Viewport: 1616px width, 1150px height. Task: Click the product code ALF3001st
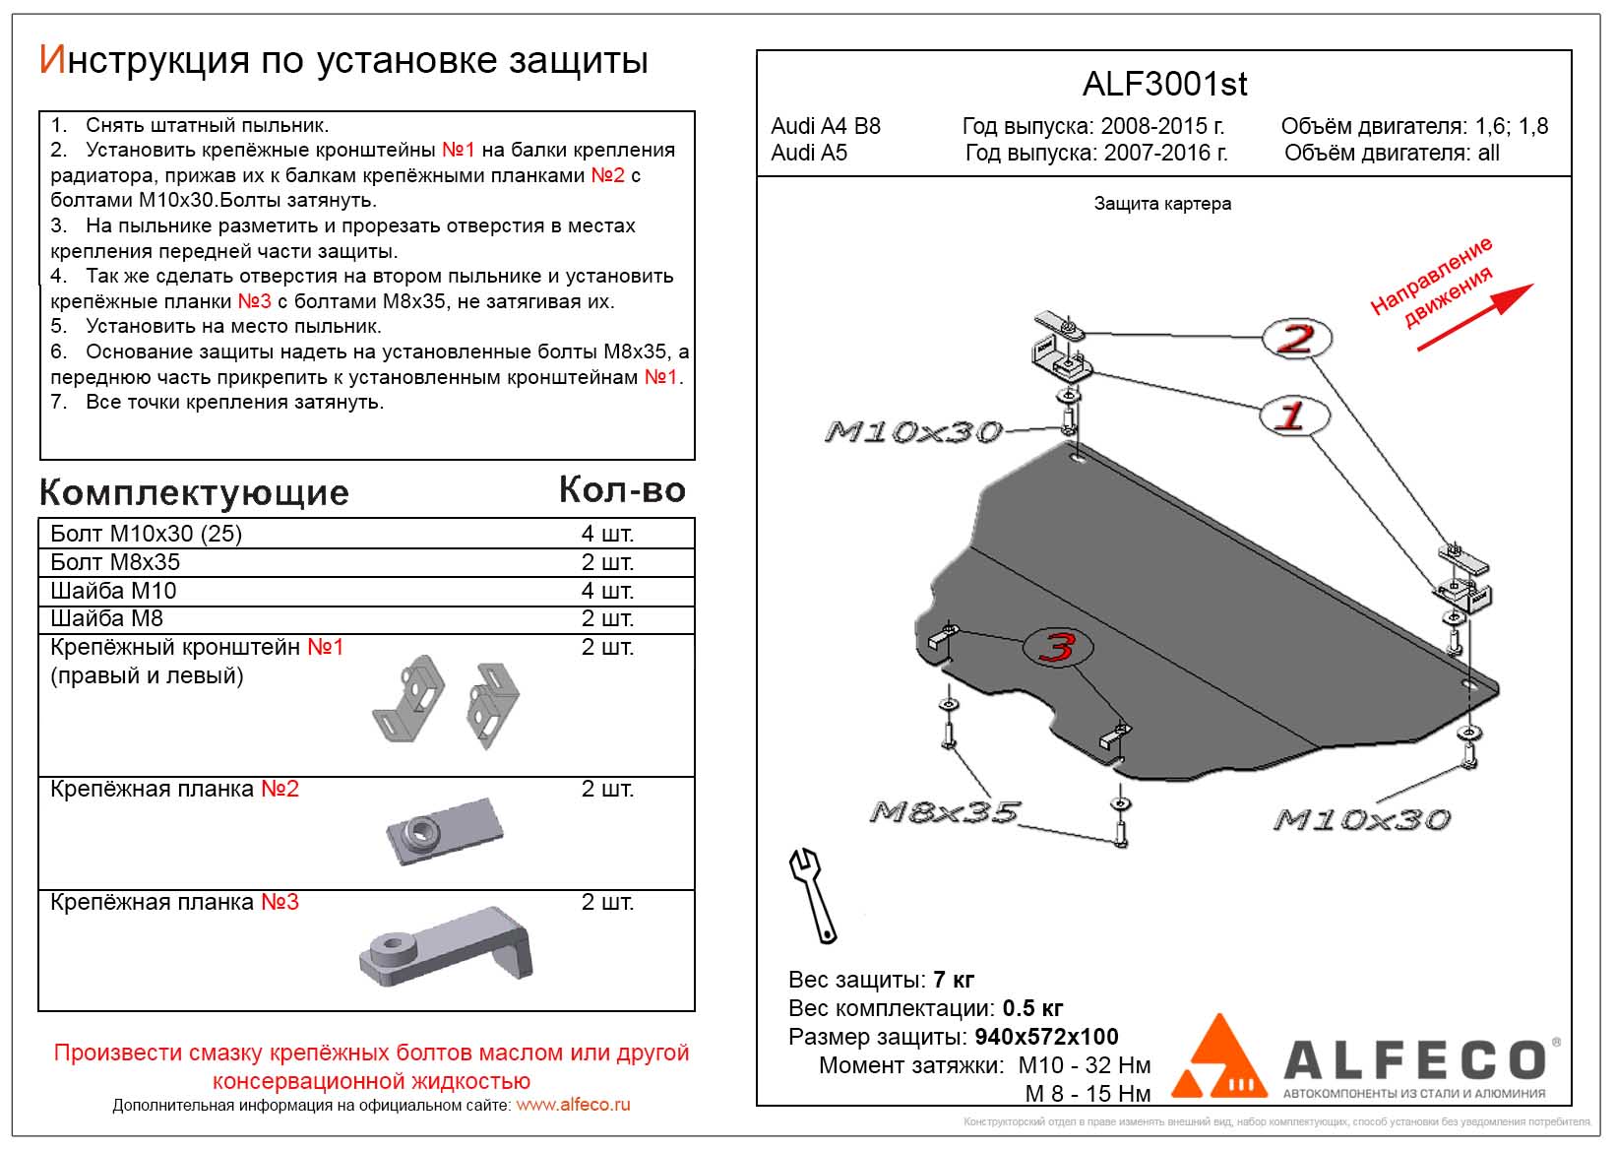(x=1164, y=85)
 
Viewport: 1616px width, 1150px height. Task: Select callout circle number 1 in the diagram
(x=1293, y=415)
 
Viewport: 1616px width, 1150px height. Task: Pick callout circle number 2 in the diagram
(x=1297, y=339)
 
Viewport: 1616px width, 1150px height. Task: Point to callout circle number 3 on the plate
(x=1059, y=648)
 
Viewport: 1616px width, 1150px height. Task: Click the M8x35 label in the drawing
(x=944, y=812)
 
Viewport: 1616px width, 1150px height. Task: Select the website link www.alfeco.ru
(x=573, y=1105)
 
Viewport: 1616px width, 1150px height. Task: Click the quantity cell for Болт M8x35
(x=607, y=562)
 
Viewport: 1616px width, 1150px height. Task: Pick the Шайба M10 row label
(x=113, y=591)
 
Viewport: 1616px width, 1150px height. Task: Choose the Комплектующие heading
(x=194, y=492)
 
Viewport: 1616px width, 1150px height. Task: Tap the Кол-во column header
(x=622, y=489)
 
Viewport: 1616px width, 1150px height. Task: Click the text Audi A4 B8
(x=826, y=126)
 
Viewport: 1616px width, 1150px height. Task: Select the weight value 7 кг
(x=954, y=980)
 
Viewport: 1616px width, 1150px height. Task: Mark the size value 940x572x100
(x=1046, y=1037)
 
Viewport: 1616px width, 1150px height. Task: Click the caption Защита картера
(x=1162, y=204)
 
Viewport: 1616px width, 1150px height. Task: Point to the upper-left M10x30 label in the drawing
(x=912, y=431)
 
